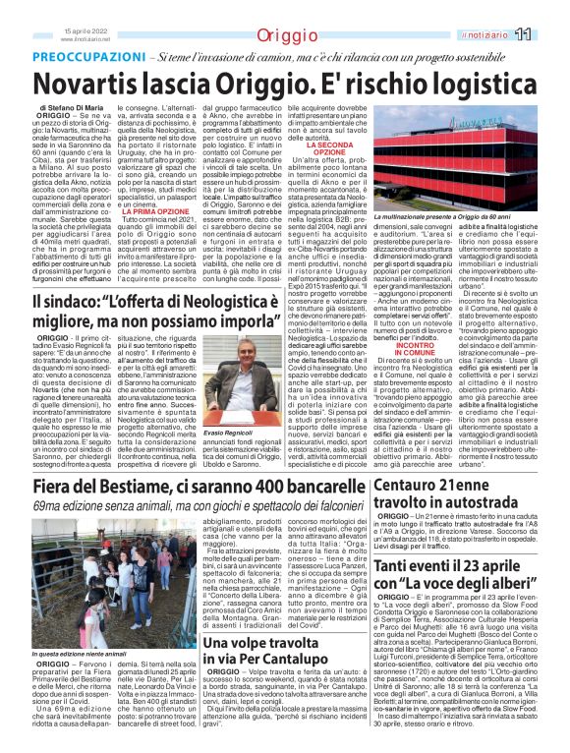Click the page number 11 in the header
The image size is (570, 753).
point(549,35)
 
